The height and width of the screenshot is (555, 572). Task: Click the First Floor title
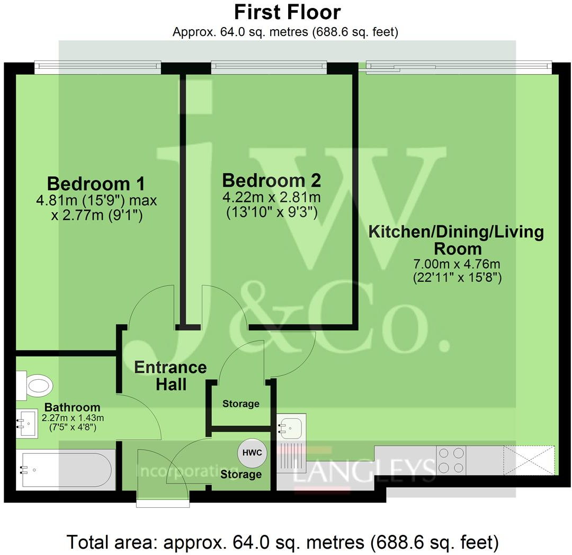coord(288,12)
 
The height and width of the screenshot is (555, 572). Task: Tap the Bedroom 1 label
coord(96,184)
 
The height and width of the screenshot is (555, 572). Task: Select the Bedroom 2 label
coord(271,181)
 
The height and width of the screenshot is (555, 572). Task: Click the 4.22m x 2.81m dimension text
coord(271,198)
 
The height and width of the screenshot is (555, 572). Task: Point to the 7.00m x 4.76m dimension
coord(457,264)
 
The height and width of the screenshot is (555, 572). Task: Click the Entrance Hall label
coord(170,375)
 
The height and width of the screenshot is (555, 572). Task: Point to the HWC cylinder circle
coord(252,453)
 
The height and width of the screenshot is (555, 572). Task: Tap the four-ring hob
coord(451,460)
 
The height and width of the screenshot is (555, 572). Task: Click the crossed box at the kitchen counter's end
coord(529,460)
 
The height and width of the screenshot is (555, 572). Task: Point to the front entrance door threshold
coord(163,503)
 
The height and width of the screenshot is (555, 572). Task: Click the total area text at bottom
coord(283,542)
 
